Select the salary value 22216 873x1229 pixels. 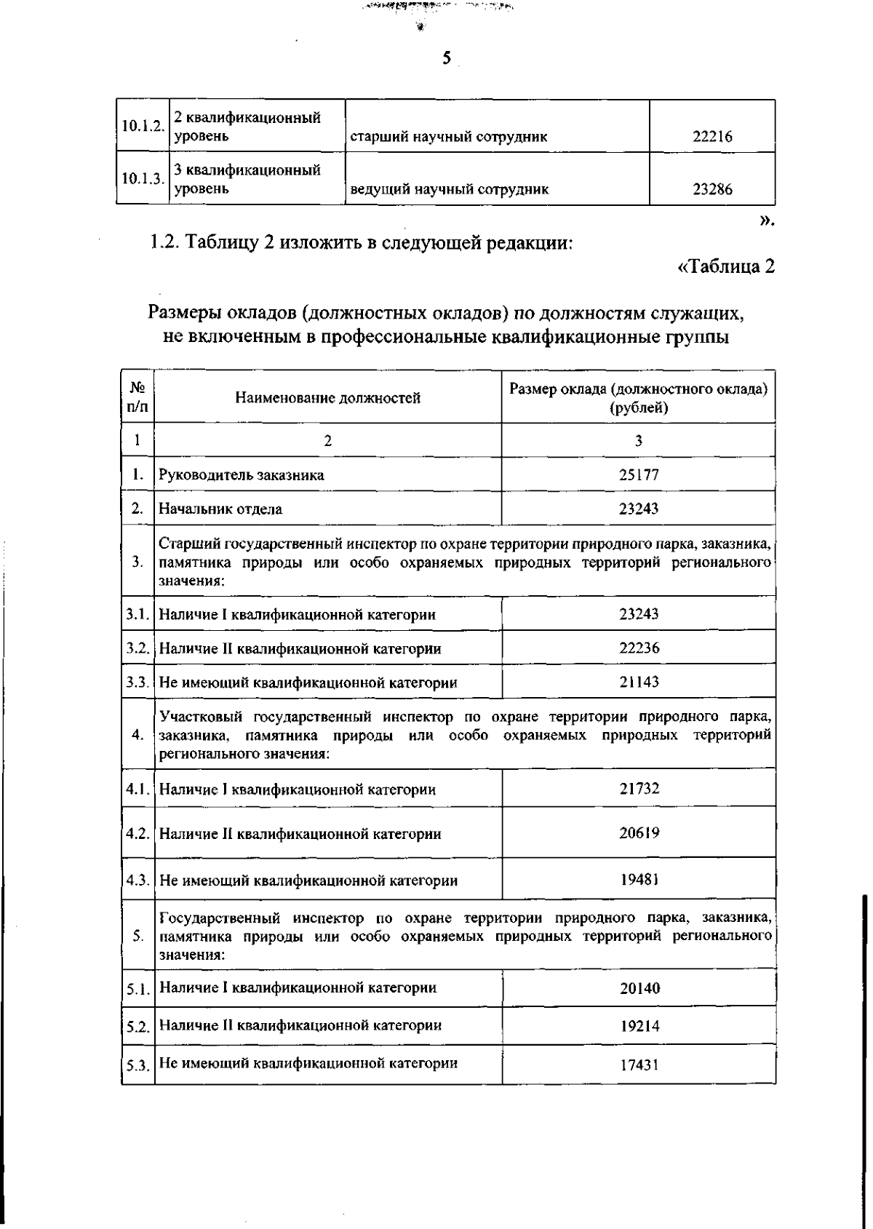click(x=711, y=137)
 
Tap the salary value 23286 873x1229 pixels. click(x=711, y=190)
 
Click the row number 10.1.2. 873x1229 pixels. click(x=142, y=126)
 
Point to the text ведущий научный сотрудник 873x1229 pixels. click(x=449, y=190)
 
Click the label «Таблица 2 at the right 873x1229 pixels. click(x=725, y=267)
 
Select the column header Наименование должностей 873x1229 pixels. click(x=327, y=397)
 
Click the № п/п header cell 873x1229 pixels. click(x=137, y=397)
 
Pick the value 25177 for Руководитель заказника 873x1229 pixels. click(x=638, y=475)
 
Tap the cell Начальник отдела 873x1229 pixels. click(x=220, y=509)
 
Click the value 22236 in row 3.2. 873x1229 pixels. click(x=639, y=648)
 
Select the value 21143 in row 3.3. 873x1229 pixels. click(x=639, y=682)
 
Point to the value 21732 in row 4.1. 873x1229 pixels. click(x=639, y=788)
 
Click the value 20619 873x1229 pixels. click(x=639, y=832)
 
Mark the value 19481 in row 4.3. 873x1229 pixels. click(x=639, y=879)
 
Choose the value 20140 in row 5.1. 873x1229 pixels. click(x=639, y=988)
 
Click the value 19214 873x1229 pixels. click(x=639, y=1026)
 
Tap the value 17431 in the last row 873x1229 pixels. click(x=639, y=1065)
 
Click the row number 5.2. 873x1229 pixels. click(x=137, y=1027)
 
